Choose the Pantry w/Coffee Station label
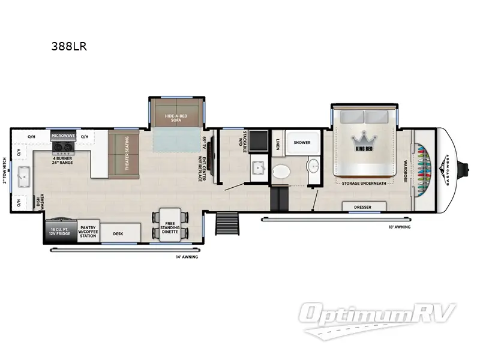tap(88, 232)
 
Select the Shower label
tap(302, 143)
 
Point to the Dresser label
tap(363, 207)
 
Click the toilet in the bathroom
tap(280, 172)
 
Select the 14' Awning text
tap(186, 256)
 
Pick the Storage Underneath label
tap(364, 183)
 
